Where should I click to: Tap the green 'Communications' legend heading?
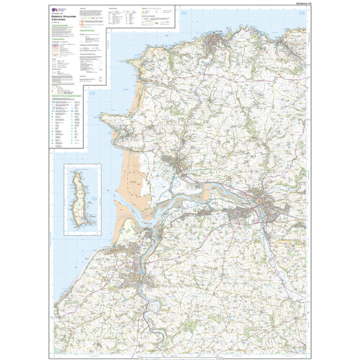coord(60,43)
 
